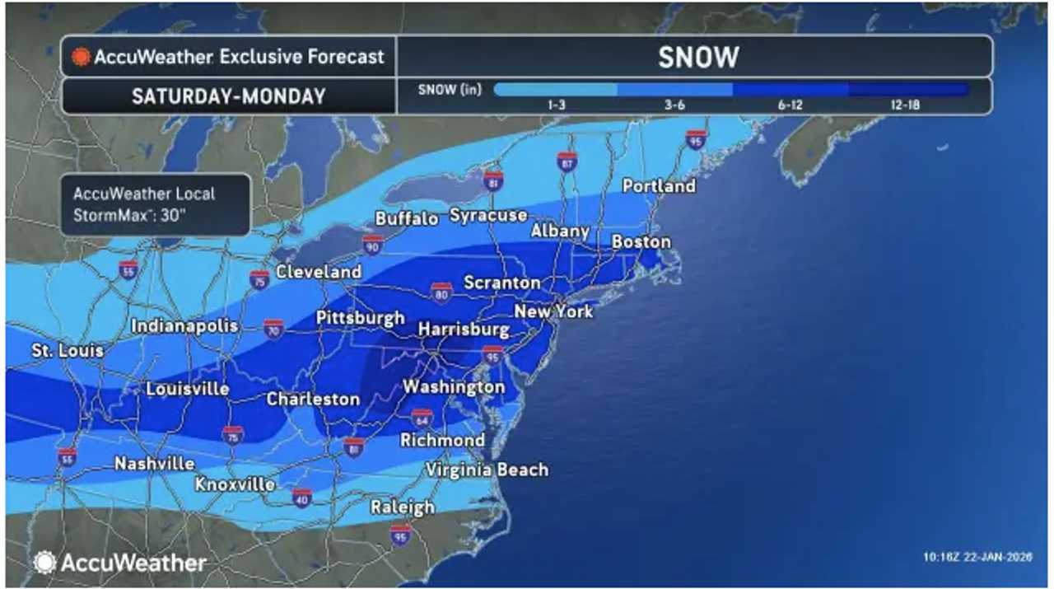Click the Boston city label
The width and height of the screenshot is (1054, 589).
[x=641, y=241]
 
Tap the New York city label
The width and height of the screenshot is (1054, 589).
[x=553, y=311]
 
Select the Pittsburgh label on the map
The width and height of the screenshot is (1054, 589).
[x=361, y=318]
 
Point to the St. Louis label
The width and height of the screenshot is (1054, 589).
[x=68, y=350]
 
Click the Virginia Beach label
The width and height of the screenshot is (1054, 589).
[x=487, y=470]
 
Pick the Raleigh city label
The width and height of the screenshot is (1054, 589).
[x=402, y=507]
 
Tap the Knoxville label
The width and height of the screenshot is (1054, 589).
[x=235, y=484]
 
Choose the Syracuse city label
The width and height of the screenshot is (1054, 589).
[x=488, y=215]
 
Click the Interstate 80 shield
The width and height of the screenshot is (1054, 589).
[x=441, y=291]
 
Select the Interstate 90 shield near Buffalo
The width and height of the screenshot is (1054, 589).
[x=372, y=244]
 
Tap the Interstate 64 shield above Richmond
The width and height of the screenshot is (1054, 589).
[x=422, y=418]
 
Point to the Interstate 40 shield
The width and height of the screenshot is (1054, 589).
[x=302, y=497]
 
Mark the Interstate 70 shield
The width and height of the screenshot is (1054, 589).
[x=274, y=328]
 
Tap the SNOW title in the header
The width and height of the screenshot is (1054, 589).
[x=697, y=57]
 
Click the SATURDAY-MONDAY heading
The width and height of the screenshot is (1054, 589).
[x=228, y=96]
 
